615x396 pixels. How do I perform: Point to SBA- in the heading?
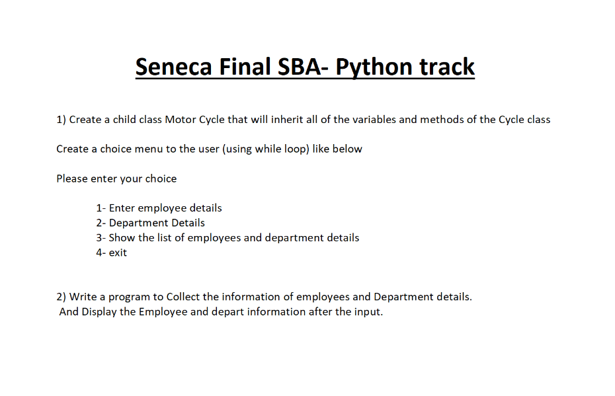(303, 67)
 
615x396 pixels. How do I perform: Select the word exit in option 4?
(118, 253)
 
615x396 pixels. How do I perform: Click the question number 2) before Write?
(61, 297)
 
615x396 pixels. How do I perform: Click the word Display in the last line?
(99, 311)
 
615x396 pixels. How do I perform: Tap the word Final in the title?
(247, 67)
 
